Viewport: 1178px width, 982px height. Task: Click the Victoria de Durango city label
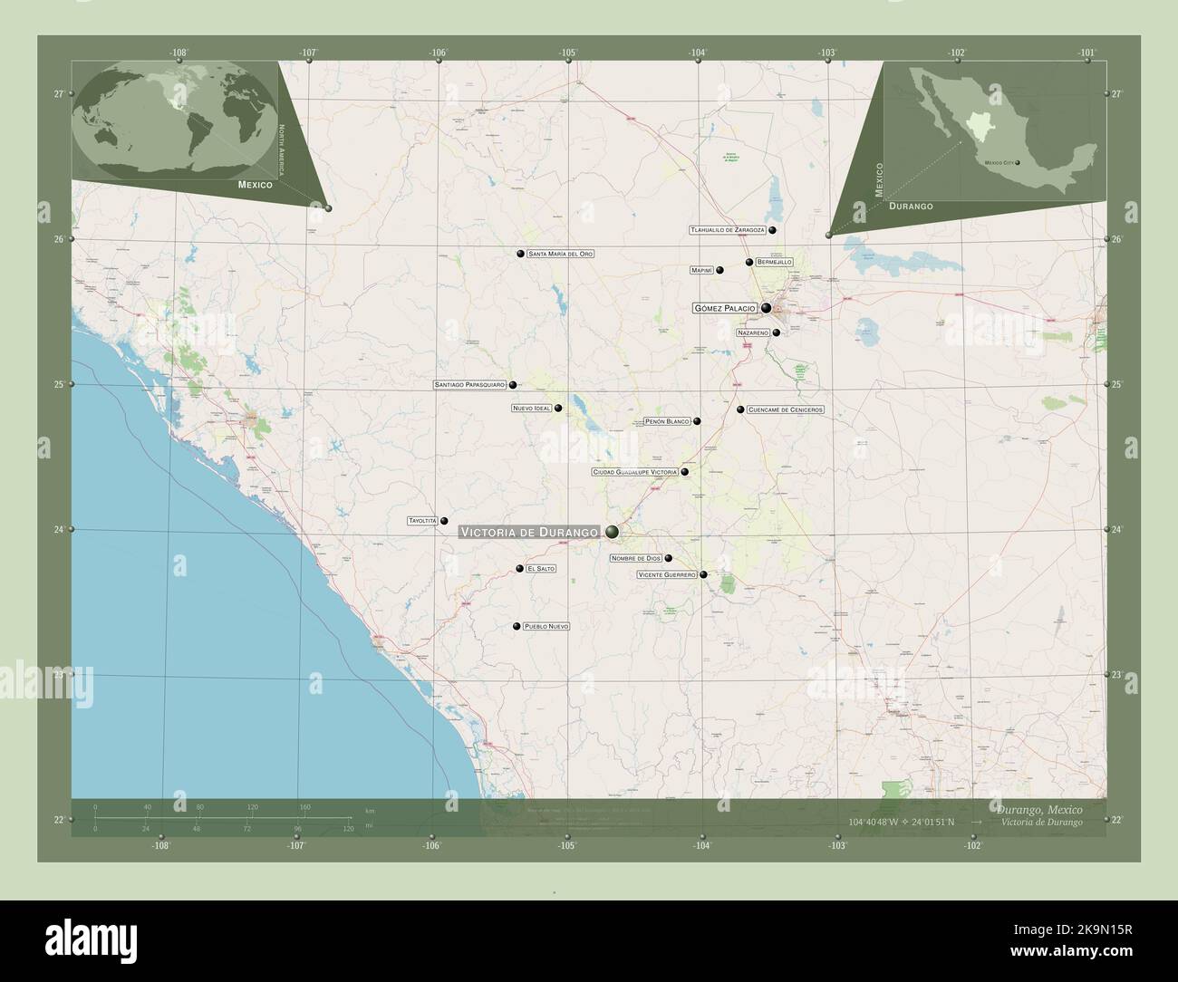pos(530,532)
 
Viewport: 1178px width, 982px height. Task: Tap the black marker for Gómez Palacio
pos(767,308)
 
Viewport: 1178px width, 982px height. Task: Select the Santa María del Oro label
pos(561,255)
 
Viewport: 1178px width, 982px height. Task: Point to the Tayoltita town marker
pos(444,521)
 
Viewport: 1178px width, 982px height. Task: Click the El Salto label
pos(541,569)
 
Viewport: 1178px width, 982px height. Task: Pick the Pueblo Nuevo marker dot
pos(517,627)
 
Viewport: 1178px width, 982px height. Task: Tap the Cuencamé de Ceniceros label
pos(786,410)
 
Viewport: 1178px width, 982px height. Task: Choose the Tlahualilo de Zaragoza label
pos(728,230)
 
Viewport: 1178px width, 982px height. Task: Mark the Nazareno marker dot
pos(776,332)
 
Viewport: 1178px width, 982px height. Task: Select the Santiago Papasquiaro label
pos(469,385)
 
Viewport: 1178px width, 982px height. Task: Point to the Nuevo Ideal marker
pos(558,409)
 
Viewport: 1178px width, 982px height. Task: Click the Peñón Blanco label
pos(667,422)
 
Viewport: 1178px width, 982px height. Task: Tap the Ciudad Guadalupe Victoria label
pos(634,472)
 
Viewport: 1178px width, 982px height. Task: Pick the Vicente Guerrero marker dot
pos(703,575)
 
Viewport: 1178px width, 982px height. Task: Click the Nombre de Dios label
pos(635,558)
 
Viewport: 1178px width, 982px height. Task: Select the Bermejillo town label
pos(774,262)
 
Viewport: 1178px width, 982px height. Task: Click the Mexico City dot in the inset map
pos(1018,163)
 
